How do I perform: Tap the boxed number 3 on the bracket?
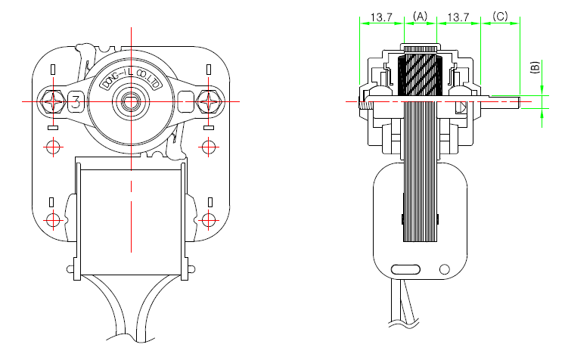(76, 102)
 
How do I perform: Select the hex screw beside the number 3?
(54, 102)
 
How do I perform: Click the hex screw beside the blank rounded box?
(209, 102)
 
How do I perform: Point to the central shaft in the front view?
(131, 101)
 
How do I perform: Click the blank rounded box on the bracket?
(187, 102)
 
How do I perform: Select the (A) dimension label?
(420, 16)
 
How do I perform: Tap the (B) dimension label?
(536, 68)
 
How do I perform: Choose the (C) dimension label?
(500, 16)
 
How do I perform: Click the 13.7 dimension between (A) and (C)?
(458, 17)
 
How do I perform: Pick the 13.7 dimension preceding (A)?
(381, 17)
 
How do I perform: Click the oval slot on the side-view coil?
(405, 269)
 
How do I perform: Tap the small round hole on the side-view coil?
(445, 269)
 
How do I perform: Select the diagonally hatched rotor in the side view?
(420, 76)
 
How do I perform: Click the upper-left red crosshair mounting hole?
(54, 147)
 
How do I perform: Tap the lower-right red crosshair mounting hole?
(209, 220)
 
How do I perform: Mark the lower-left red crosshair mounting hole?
(54, 220)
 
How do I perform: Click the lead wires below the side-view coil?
(402, 303)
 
